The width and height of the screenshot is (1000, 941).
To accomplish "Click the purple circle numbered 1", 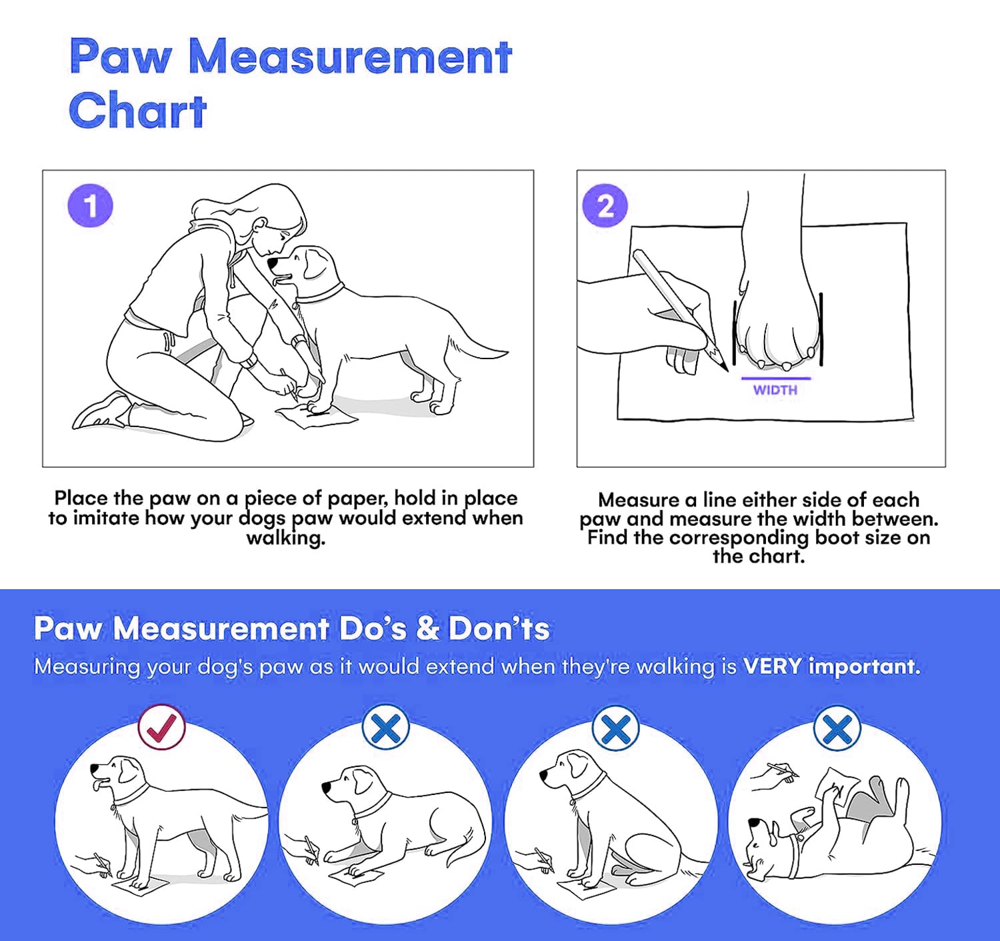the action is pyautogui.click(x=90, y=206).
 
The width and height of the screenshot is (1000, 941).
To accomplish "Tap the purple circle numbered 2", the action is pyautogui.click(x=605, y=206).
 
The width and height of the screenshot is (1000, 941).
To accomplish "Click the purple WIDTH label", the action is pyautogui.click(x=775, y=390).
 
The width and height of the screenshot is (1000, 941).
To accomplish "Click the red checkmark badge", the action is pyautogui.click(x=161, y=727).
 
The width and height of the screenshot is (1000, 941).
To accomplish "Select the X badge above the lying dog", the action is pyautogui.click(x=386, y=727).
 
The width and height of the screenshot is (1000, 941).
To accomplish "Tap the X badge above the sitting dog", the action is pyautogui.click(x=615, y=727).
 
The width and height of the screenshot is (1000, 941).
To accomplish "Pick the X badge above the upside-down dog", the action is pyautogui.click(x=837, y=727).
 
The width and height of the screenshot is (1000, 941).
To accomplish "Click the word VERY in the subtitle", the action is pyautogui.click(x=772, y=666).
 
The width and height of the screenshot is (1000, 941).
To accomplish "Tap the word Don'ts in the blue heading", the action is pyautogui.click(x=499, y=629).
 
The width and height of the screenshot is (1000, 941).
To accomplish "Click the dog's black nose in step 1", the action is pyautogui.click(x=273, y=263).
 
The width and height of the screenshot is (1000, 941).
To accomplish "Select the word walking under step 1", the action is pyautogui.click(x=285, y=538).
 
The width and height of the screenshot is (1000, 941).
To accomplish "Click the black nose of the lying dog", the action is pyautogui.click(x=327, y=787).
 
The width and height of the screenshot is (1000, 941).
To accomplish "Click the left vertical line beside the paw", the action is pyautogui.click(x=735, y=333).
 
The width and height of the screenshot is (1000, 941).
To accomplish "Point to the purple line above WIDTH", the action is pyautogui.click(x=776, y=378).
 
